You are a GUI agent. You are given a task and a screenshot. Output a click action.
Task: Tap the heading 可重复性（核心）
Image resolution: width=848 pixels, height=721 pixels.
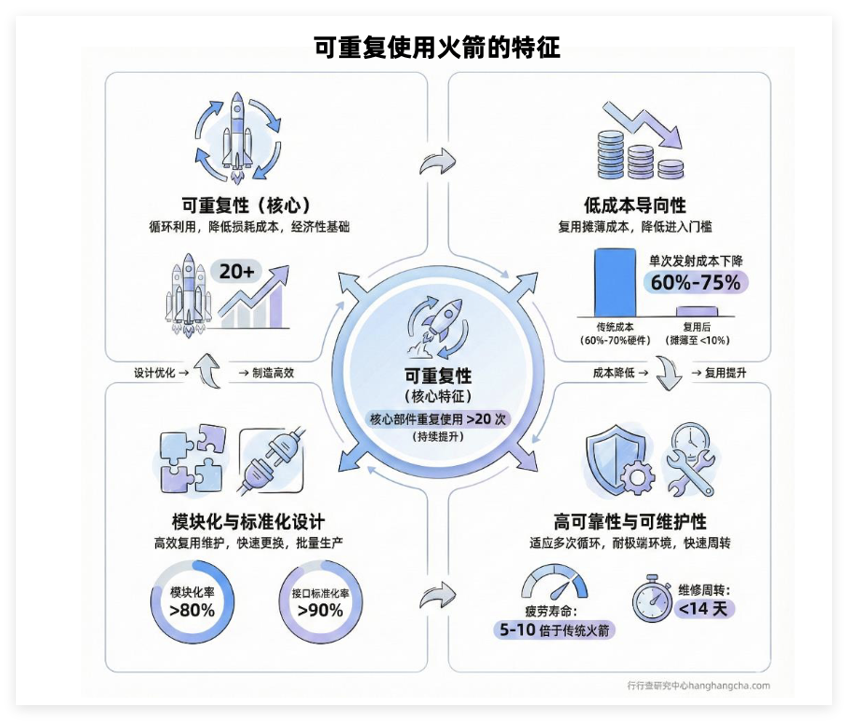click(x=246, y=205)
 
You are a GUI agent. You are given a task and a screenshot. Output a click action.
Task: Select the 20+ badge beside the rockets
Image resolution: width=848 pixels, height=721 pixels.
click(x=237, y=271)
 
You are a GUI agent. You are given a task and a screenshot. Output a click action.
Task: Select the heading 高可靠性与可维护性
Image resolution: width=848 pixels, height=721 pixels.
click(x=630, y=521)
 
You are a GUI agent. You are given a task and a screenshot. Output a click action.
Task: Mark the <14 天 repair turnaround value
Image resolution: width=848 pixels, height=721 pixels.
click(x=706, y=609)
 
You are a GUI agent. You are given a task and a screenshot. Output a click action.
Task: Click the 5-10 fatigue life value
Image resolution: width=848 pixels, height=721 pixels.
click(x=516, y=630)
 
